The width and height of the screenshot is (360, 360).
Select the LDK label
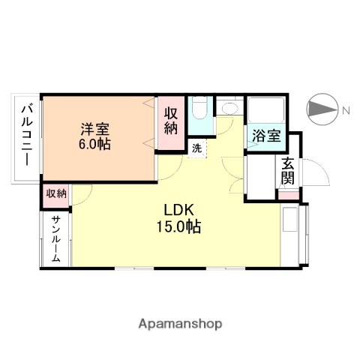(178, 210)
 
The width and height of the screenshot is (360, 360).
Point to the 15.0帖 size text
(178, 226)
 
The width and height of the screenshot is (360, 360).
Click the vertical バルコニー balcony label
(26, 137)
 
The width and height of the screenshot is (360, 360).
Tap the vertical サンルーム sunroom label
(56, 238)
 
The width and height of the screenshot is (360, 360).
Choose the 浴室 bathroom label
(265, 136)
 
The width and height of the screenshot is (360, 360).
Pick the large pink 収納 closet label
(171, 122)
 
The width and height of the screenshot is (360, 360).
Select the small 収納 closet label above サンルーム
(56, 193)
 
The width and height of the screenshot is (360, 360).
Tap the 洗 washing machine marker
(196, 148)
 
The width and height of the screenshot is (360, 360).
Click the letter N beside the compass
(346, 111)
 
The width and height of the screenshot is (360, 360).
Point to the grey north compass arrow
(323, 111)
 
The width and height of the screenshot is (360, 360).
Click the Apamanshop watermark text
(180, 324)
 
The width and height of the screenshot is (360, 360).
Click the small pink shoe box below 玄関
(289, 196)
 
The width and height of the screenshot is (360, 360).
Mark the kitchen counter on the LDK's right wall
(289, 235)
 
